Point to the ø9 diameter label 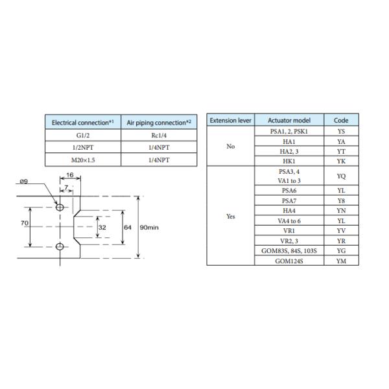click(x=23, y=182)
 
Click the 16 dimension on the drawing click(x=70, y=175)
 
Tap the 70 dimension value click(x=23, y=222)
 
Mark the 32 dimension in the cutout click(x=102, y=228)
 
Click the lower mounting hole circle click(x=60, y=247)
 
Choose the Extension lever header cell click(x=230, y=120)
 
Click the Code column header click(x=341, y=120)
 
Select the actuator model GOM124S click(x=289, y=261)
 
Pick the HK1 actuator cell click(x=289, y=160)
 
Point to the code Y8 click(x=341, y=201)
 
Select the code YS click(x=341, y=130)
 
